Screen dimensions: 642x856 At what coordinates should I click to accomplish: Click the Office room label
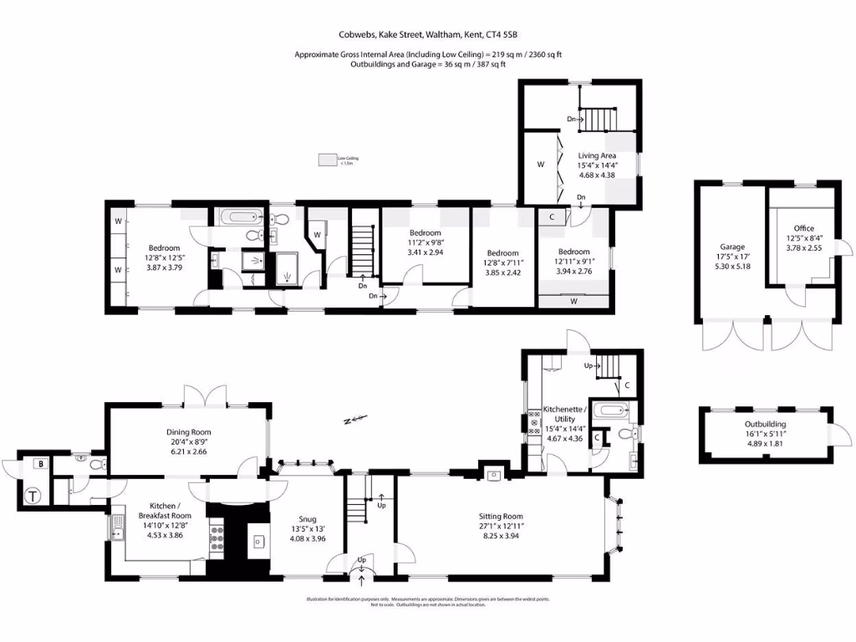coord(804,228)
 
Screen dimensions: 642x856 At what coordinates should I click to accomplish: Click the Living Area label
coord(597,155)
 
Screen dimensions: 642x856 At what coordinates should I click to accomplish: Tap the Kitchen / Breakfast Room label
coord(159,511)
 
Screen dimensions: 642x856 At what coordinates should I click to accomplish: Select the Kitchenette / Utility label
coord(565,414)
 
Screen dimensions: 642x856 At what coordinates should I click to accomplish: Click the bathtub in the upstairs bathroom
coord(238,219)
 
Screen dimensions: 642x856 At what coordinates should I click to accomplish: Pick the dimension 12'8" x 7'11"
coord(502,262)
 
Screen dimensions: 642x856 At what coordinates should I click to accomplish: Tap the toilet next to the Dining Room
coord(94,462)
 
